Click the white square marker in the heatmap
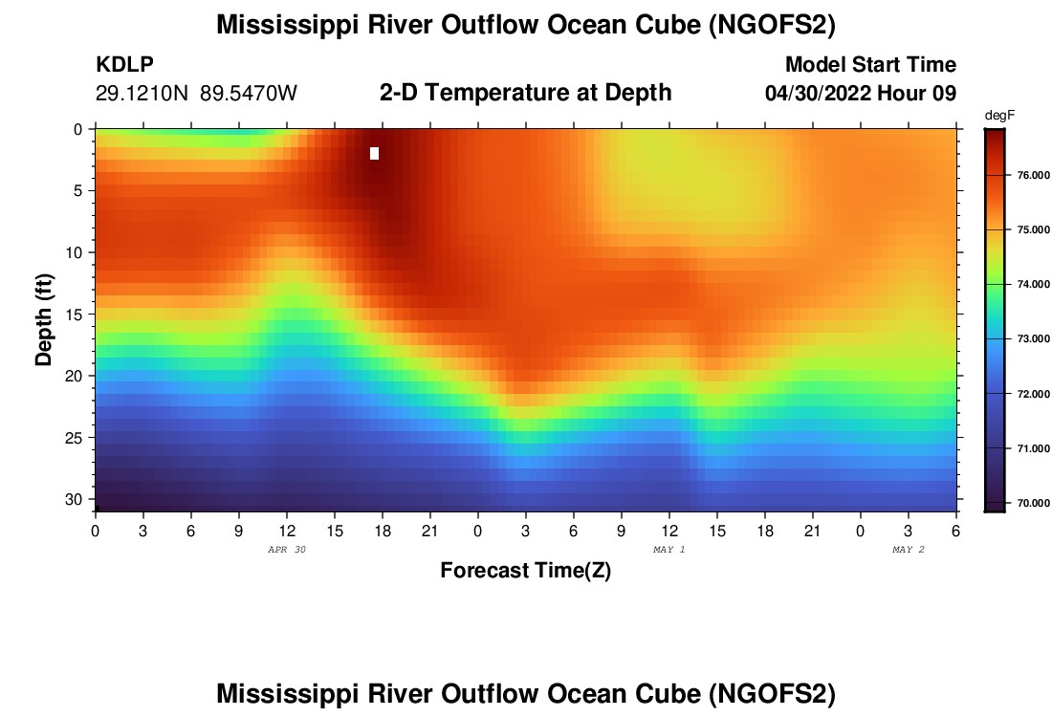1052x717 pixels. (374, 153)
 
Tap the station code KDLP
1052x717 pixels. (124, 65)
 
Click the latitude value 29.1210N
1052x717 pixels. (143, 94)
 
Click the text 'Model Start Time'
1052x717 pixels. (870, 65)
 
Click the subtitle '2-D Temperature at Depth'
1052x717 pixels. (526, 93)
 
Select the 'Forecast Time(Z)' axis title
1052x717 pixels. (525, 571)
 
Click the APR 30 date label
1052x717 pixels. (287, 550)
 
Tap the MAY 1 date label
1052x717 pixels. (668, 550)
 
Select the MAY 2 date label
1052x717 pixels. (908, 550)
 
